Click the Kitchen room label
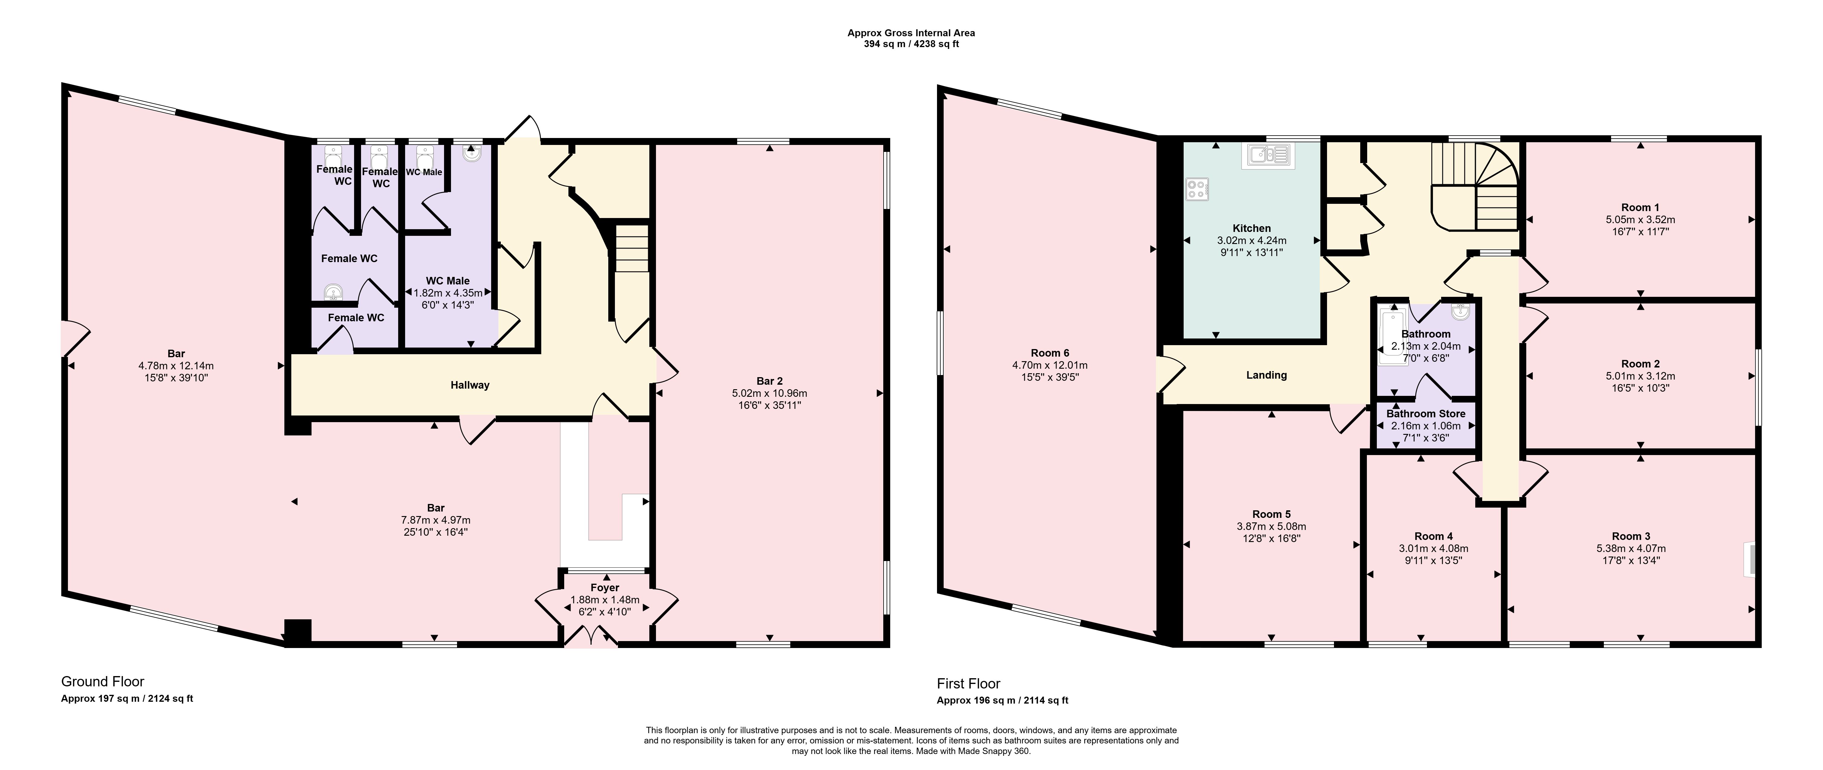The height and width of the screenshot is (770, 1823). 1252,228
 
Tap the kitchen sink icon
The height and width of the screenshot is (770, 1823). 1268,155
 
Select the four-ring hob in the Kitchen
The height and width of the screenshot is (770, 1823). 1198,189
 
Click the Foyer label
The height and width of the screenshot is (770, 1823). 605,587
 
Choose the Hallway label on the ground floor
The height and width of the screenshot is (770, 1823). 470,385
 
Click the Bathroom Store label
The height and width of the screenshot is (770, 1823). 1426,413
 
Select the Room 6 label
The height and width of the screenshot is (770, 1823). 1050,352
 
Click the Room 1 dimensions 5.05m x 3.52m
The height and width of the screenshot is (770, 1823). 1640,220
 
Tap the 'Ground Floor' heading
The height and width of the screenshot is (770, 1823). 103,682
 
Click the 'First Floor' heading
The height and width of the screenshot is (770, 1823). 969,684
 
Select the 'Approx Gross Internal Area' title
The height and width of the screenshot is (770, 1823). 912,33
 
